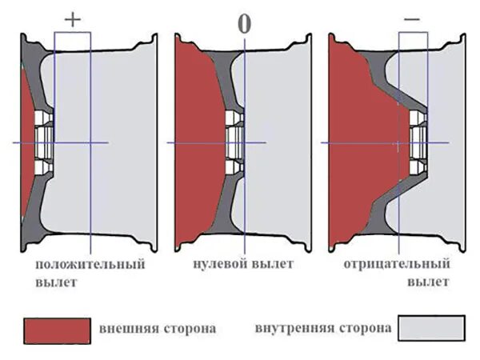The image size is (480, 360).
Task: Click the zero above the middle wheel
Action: (243, 23)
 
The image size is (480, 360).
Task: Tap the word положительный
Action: (90, 264)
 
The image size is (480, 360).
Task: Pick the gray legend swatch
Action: (431, 329)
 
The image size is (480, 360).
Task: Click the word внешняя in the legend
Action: (126, 328)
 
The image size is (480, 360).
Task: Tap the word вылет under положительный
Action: (56, 282)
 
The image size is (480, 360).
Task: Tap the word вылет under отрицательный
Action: (429, 282)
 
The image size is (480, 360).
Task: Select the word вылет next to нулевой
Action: (273, 264)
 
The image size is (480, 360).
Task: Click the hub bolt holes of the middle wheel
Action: (234, 142)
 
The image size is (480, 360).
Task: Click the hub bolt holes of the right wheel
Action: (416, 142)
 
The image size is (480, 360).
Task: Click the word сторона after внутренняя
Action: (365, 328)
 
